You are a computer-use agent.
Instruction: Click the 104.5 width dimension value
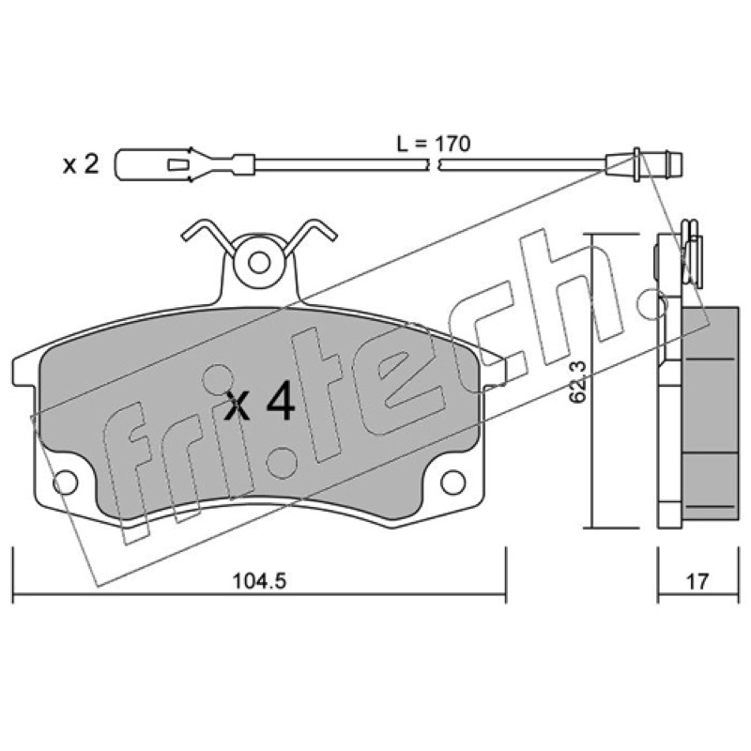point(259,581)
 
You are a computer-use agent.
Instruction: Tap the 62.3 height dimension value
point(578,382)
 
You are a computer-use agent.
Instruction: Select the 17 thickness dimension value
point(697,582)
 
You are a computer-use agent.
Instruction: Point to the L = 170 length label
point(434,144)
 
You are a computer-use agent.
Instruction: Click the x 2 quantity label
point(81,165)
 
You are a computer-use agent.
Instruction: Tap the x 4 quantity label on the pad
point(260,405)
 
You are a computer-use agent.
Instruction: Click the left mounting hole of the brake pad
point(65,483)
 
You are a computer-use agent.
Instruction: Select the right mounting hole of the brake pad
point(452,483)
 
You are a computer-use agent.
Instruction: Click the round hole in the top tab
point(260,262)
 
